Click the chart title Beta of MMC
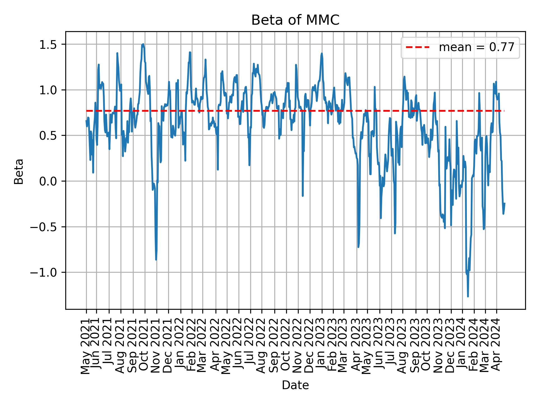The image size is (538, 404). click(x=295, y=20)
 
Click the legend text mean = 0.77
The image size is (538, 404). click(x=476, y=48)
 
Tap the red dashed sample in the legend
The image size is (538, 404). click(x=418, y=48)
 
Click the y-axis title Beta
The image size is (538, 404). click(x=19, y=171)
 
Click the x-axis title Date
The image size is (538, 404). click(x=295, y=385)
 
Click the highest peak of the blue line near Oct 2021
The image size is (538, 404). click(x=143, y=44)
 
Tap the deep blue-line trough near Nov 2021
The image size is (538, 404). click(x=156, y=260)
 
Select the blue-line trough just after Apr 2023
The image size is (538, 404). click(x=358, y=247)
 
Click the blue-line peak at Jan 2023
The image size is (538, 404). click(x=322, y=53)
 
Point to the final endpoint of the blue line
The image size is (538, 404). click(x=504, y=203)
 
